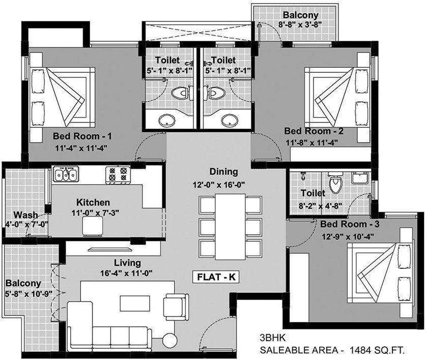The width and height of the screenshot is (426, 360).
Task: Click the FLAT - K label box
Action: (x=216, y=277)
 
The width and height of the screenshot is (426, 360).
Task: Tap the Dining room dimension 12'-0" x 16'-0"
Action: (x=219, y=185)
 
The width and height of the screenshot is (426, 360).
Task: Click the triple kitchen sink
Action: (x=66, y=174)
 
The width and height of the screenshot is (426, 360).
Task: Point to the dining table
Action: (x=231, y=227)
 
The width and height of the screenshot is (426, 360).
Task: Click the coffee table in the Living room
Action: (x=135, y=303)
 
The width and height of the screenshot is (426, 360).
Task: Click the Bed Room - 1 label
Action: (x=82, y=136)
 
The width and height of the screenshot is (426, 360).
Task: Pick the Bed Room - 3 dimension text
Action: (x=348, y=237)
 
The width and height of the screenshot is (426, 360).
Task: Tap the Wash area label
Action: (x=26, y=215)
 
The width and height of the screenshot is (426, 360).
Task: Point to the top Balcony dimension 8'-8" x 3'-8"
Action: (x=300, y=24)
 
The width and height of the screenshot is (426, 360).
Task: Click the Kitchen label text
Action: (x=93, y=202)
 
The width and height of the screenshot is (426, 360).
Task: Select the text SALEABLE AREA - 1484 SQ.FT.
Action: (x=332, y=350)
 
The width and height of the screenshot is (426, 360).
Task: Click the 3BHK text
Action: (x=273, y=338)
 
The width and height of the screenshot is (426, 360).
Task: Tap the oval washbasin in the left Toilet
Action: (x=166, y=119)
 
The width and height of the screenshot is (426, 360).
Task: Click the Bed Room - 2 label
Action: (x=314, y=131)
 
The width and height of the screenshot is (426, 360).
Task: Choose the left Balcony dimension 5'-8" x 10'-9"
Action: (x=29, y=294)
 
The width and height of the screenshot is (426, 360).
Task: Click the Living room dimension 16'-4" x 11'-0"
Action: (x=126, y=273)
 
